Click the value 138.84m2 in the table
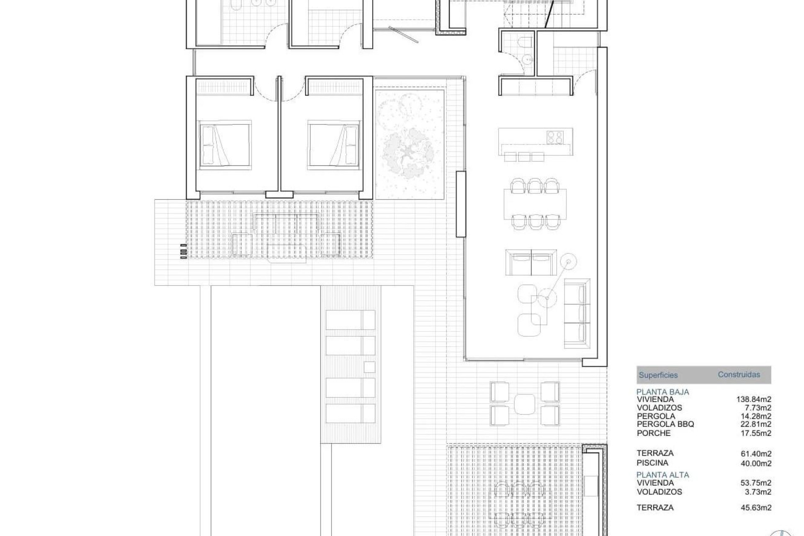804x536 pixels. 753,399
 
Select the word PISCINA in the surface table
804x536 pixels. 652,463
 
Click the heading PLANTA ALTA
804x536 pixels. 662,475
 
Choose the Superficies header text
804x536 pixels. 658,375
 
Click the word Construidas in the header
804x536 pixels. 739,374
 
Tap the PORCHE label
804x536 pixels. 654,433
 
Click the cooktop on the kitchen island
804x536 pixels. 554,137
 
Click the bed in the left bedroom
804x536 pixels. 225,145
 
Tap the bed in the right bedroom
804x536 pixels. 334,145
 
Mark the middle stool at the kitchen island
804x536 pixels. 524,157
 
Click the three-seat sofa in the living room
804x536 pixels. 577,313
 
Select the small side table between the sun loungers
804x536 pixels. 369,367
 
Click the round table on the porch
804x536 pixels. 525,404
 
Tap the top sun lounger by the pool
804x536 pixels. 350,320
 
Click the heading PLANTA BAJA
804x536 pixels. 662,392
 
